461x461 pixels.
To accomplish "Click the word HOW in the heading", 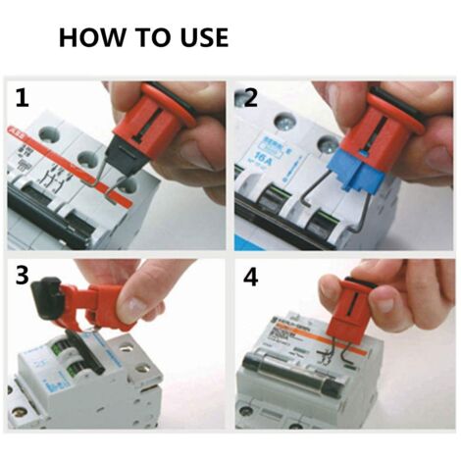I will pyautogui.click(x=93, y=38).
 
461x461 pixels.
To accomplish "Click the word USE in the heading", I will pyautogui.click(x=197, y=38).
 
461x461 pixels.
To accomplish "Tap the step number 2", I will pyautogui.click(x=250, y=99).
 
